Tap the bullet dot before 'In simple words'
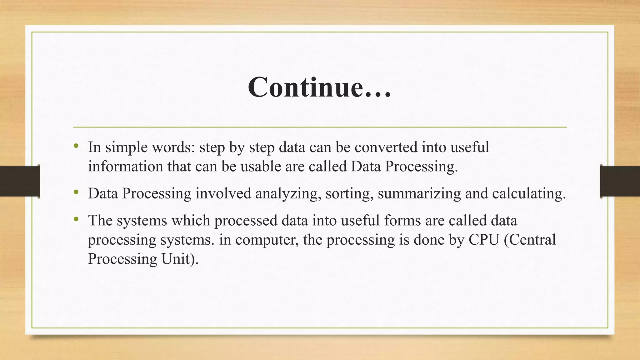[x=76, y=146]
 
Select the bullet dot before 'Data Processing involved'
[x=76, y=192]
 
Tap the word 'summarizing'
[x=419, y=193]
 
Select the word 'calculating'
[x=529, y=193]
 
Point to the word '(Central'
[x=530, y=240]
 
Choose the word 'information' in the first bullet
[x=125, y=166]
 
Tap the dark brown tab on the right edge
[x=620, y=181]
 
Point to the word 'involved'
[x=223, y=193]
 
